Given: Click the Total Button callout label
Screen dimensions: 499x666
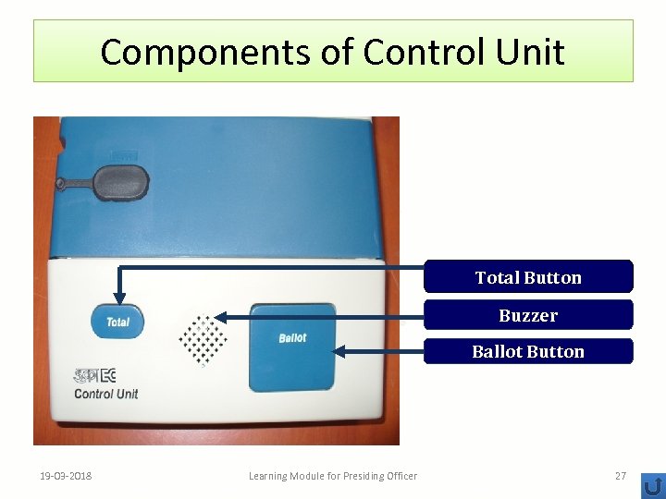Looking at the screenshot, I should [x=528, y=277].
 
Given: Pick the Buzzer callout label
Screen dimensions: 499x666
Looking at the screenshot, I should [x=528, y=315].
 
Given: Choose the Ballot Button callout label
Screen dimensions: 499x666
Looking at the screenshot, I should [x=528, y=351].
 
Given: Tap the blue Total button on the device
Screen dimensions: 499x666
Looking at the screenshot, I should [x=117, y=322].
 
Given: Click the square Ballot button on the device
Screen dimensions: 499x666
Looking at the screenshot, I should [x=292, y=346].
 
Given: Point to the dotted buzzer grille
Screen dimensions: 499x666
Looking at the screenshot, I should [x=203, y=339].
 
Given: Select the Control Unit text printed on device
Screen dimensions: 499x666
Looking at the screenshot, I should [x=105, y=394].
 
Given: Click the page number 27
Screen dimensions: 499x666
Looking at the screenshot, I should [x=621, y=476].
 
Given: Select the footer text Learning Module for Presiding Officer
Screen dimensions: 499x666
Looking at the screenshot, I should [x=333, y=476].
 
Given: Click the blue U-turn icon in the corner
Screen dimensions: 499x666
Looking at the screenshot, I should [x=653, y=485].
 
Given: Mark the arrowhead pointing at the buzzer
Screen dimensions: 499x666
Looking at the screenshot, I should [x=223, y=316].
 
